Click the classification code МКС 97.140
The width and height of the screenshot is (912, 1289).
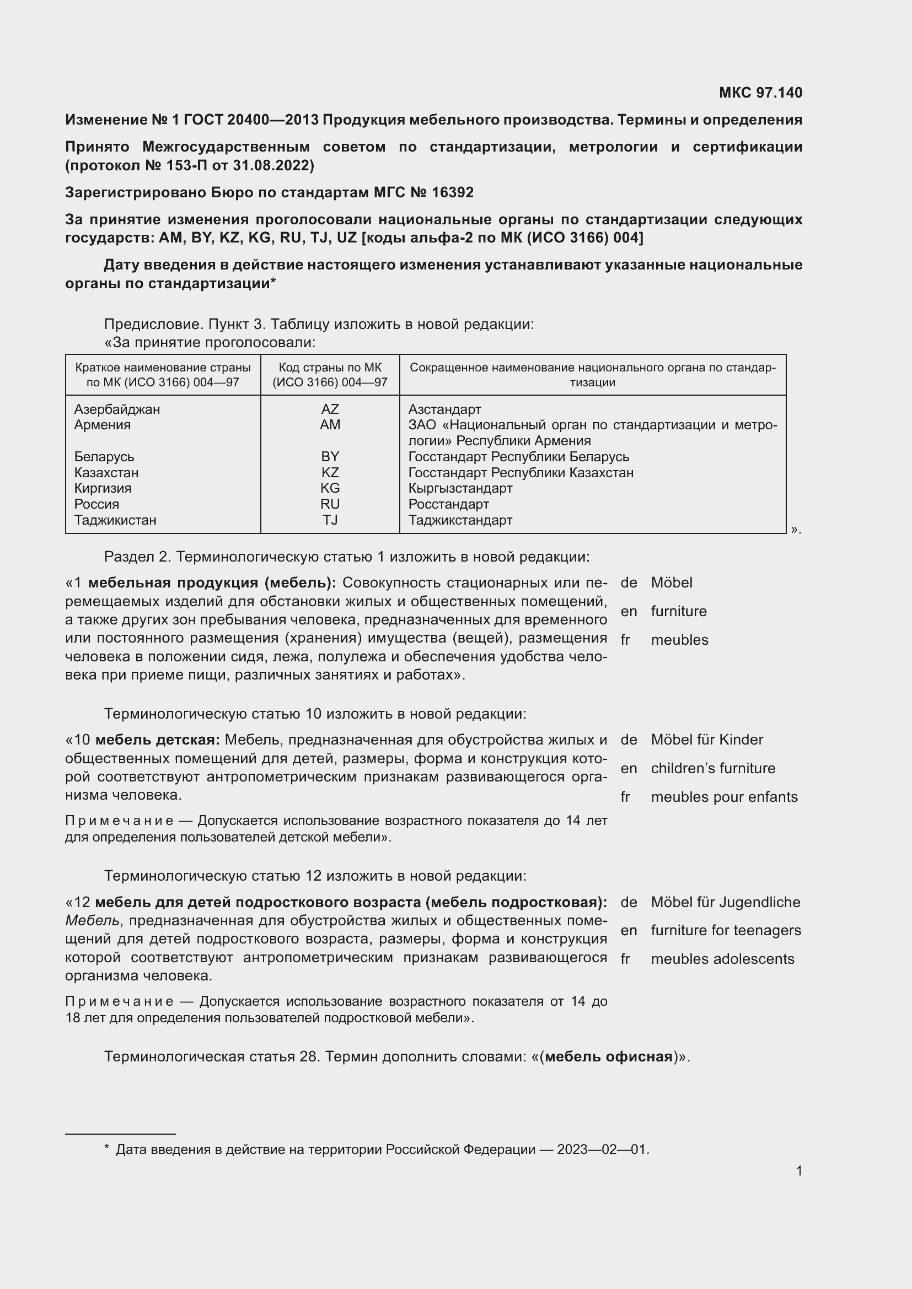(x=760, y=93)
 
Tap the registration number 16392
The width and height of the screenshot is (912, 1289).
(x=453, y=192)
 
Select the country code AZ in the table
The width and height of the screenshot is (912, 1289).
(x=330, y=409)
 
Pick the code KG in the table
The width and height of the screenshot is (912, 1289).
(x=330, y=488)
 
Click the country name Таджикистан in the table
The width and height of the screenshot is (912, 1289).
(x=115, y=520)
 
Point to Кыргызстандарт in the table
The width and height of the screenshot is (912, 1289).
(x=460, y=488)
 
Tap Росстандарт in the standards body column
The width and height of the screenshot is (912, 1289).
(x=448, y=504)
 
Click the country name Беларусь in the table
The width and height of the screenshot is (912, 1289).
(x=104, y=456)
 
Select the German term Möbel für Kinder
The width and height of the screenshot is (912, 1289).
(x=706, y=740)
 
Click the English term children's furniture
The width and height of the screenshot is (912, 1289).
(x=712, y=768)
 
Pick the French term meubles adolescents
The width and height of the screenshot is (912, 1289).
(x=722, y=959)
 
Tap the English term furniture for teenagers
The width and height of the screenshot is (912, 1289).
(x=726, y=930)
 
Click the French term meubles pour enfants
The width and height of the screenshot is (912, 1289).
(x=724, y=797)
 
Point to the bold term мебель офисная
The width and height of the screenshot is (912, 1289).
(x=609, y=1057)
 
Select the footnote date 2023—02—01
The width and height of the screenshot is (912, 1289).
(x=603, y=1150)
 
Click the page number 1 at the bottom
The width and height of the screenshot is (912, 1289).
(x=798, y=1171)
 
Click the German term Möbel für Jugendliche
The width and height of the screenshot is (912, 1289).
(x=726, y=902)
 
